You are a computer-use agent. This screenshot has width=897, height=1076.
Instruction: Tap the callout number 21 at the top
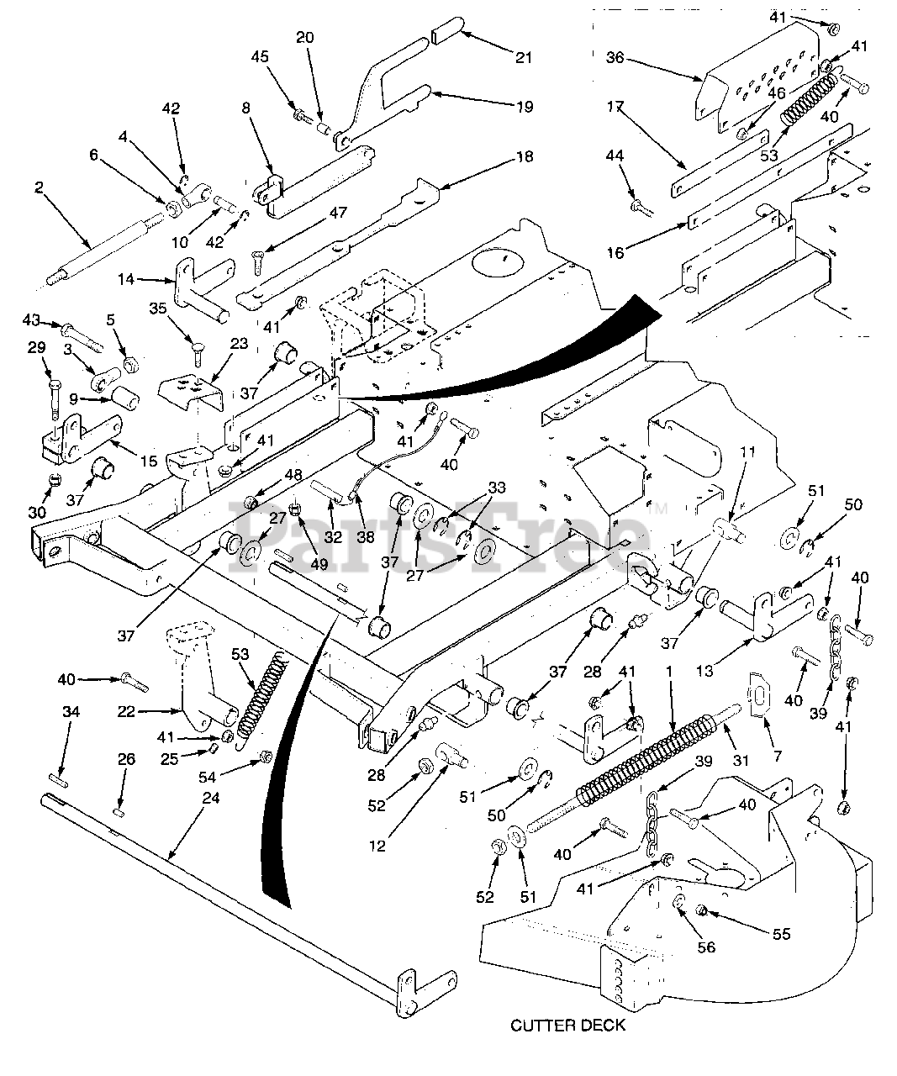[x=523, y=57]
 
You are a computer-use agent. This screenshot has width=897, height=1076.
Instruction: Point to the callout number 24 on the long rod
[x=210, y=797]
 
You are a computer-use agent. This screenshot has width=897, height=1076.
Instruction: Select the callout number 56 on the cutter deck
[x=707, y=947]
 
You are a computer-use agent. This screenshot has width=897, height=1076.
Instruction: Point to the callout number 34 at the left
[x=71, y=712]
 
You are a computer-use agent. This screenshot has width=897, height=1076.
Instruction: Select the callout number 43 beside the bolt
[x=31, y=320]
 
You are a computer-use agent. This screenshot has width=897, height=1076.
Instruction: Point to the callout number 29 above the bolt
[x=36, y=371]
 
